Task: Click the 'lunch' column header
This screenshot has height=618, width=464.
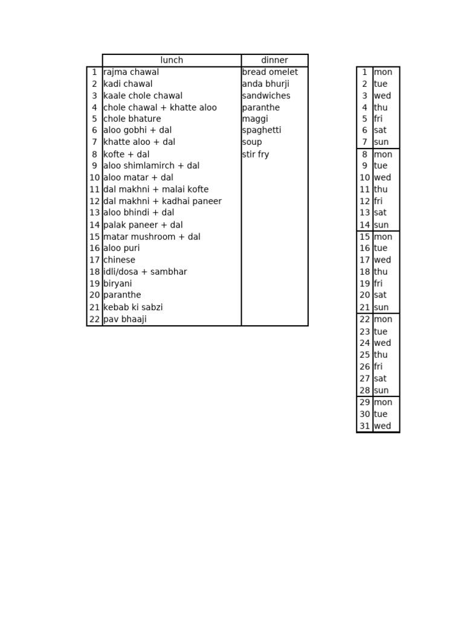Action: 172,60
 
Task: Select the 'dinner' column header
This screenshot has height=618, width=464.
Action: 274,60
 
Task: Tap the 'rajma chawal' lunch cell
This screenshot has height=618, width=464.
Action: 131,72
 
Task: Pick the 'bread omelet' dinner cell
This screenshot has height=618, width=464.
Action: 270,72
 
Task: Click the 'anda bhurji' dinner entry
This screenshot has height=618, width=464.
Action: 266,84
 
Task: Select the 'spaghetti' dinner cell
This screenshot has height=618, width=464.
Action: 262,130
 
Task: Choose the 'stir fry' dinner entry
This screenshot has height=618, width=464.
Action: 256,154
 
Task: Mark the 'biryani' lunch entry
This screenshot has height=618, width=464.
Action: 118,284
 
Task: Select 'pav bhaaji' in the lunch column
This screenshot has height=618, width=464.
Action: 125,319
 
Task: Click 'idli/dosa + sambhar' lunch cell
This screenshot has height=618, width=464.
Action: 145,272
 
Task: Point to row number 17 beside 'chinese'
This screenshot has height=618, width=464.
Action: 94,260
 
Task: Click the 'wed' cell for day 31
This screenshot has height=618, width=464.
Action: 382,426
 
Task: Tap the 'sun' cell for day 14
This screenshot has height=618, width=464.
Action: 381,225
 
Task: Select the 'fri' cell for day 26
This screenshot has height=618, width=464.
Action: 378,367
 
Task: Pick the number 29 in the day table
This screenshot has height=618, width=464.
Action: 365,403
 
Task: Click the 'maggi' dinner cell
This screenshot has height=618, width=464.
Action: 255,119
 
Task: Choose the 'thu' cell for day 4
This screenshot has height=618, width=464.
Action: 381,107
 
